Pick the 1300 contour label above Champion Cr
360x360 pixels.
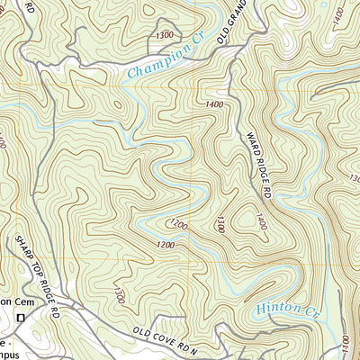pyautogui.click(x=165, y=35)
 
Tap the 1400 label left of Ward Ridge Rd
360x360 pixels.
pyautogui.click(x=214, y=105)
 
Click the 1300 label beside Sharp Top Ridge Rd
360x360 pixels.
pyautogui.click(x=116, y=292)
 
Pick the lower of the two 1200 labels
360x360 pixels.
pyautogui.click(x=165, y=245)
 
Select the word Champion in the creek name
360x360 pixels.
pyautogui.click(x=155, y=62)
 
